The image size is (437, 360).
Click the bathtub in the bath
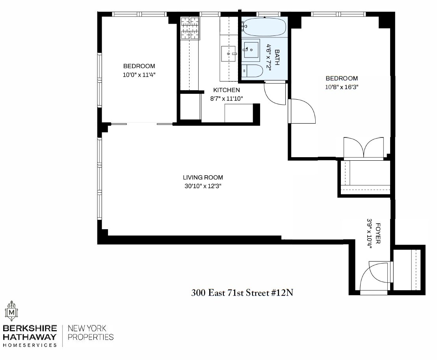pos(264,27)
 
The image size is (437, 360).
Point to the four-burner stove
pos(190,28)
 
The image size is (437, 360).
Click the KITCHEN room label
pos(226,90)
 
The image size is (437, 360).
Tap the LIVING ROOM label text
pos(203,177)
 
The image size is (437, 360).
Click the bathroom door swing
pos(273,94)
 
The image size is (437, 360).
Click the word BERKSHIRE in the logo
pos(30,328)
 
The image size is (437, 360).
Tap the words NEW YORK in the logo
pos(87,328)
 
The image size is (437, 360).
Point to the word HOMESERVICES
pos(30,345)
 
